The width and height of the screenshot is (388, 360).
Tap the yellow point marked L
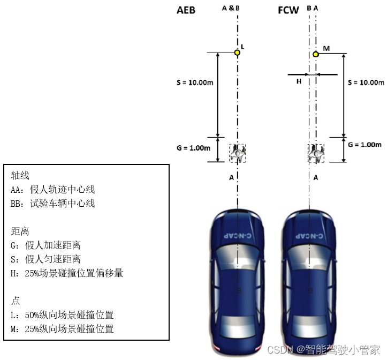pos(237,52)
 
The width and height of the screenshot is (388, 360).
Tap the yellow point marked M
pos(316,54)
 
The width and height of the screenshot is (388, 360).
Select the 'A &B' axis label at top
pos(230,9)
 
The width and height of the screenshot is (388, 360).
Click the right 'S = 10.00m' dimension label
pos(366,82)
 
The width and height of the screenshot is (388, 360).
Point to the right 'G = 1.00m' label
pos(364,144)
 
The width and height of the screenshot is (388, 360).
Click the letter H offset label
pos(299,81)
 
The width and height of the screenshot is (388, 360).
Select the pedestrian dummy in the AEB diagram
pos(238,153)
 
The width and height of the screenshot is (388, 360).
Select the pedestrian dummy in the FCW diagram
pos(316,153)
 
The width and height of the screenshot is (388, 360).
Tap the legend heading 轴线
pos(20,175)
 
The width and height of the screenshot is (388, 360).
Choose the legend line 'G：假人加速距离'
pos(45,245)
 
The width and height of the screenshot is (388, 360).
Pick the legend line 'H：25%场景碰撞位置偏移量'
pos(67,273)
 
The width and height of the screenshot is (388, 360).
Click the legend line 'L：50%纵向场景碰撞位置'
pos(62,315)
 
